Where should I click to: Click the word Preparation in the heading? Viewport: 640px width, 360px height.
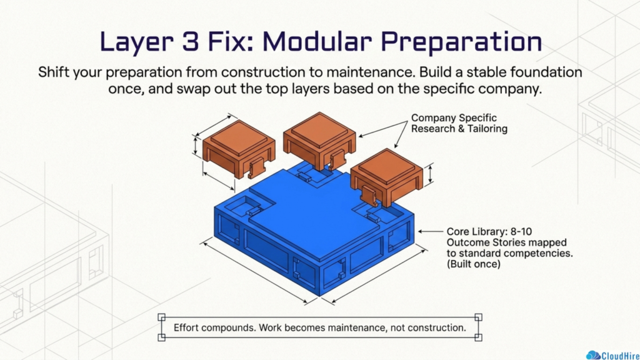pos(462,42)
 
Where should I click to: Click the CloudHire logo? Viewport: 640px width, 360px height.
pos(612,355)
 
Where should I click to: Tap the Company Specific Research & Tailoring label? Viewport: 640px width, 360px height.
pos(459,123)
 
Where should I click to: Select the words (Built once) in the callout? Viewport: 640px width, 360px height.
pos(474,264)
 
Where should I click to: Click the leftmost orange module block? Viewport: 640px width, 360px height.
pos(239,147)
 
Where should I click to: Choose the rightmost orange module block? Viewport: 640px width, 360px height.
pos(386,176)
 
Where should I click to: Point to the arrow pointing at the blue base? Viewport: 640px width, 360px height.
pos(430,231)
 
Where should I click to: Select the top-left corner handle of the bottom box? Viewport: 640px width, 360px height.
pos(162,317)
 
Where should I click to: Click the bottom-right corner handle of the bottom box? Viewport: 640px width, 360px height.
pos(478,337)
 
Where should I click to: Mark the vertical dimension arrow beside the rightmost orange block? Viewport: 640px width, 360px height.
pos(430,174)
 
